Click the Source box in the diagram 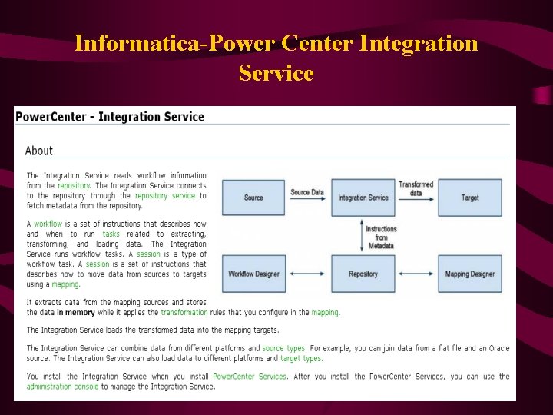click(253, 198)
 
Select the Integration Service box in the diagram click(363, 198)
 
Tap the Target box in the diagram click(470, 198)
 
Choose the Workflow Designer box click(253, 274)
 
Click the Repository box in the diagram click(363, 274)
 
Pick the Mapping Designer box click(470, 274)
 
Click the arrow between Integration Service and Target click(416, 198)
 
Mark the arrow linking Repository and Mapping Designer click(416, 274)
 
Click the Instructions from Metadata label click(381, 237)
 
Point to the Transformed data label click(416, 188)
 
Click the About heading click(39, 151)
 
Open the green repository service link click(165, 196)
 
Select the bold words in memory click(75, 313)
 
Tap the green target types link click(301, 358)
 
